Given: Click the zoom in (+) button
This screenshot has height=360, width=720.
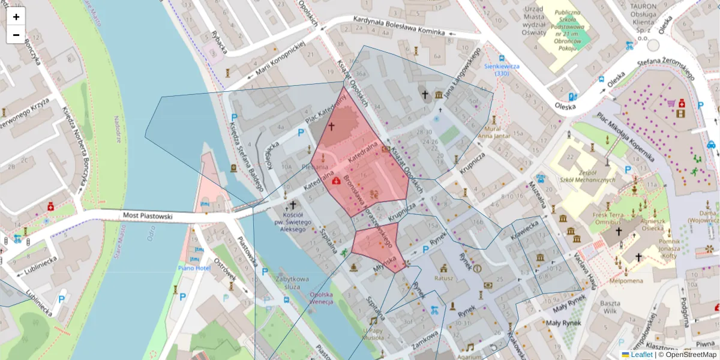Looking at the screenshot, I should (16, 17).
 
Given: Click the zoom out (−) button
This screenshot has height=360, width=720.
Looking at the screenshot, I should (16, 35).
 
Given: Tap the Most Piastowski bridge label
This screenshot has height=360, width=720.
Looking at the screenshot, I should (148, 215).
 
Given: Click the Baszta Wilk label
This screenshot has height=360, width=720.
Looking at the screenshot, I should (610, 307).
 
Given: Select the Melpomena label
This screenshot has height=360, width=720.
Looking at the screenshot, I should (626, 280).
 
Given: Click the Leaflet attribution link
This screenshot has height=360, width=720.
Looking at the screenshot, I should (641, 355).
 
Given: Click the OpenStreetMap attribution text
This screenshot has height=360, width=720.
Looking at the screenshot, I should (688, 355).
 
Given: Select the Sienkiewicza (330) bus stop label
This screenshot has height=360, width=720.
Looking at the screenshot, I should (502, 69).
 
